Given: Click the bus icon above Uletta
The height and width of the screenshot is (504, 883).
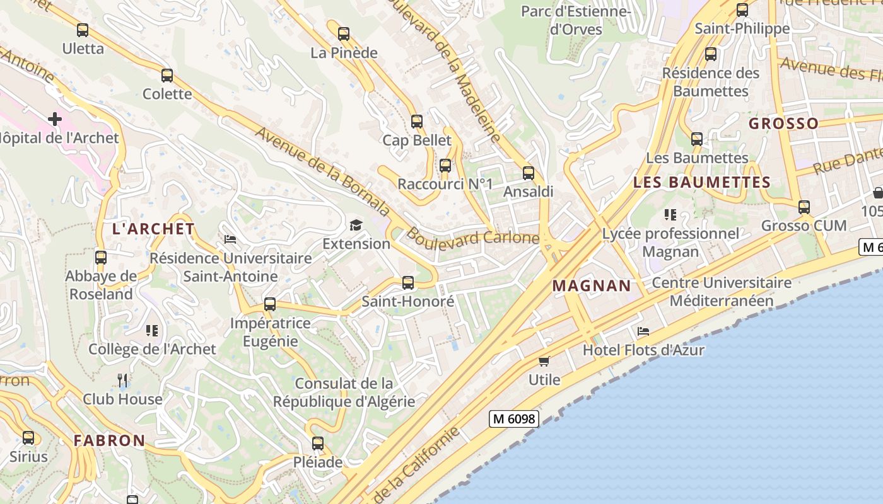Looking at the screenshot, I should [x=83, y=30].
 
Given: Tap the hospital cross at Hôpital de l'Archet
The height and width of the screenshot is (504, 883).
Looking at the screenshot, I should [x=55, y=118].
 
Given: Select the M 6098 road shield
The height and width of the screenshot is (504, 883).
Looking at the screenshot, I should [x=513, y=418].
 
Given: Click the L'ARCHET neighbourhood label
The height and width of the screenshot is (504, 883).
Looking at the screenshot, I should [x=153, y=229].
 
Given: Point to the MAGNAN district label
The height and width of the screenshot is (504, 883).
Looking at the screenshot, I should [x=592, y=285].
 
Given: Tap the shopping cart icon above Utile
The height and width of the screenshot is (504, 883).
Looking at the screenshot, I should [x=544, y=361].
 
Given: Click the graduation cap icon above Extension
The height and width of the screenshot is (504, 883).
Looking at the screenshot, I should [x=356, y=225].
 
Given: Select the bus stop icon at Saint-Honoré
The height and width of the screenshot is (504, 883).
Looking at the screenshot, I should [x=408, y=283].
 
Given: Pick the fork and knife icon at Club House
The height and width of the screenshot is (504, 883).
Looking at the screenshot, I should [x=122, y=380].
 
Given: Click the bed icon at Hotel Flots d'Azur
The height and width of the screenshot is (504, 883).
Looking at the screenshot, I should [x=643, y=331].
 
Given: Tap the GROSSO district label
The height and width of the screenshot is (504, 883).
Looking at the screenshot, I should [x=783, y=123].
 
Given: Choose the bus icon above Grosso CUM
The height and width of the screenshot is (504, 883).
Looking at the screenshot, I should [x=804, y=207].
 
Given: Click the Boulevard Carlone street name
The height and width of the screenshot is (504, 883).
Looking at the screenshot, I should [x=473, y=238].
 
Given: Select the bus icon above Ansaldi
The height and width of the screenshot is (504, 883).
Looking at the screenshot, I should [x=529, y=173].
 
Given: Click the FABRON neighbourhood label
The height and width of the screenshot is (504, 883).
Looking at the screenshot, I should [x=109, y=440].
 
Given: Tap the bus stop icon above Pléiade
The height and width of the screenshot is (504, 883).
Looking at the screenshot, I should [x=318, y=443].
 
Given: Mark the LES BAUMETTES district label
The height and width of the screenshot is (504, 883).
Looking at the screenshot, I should [x=701, y=183].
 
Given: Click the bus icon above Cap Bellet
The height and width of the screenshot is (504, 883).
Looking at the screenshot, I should [x=417, y=122].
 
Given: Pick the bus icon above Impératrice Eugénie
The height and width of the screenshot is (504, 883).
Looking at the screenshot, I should [x=270, y=304].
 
